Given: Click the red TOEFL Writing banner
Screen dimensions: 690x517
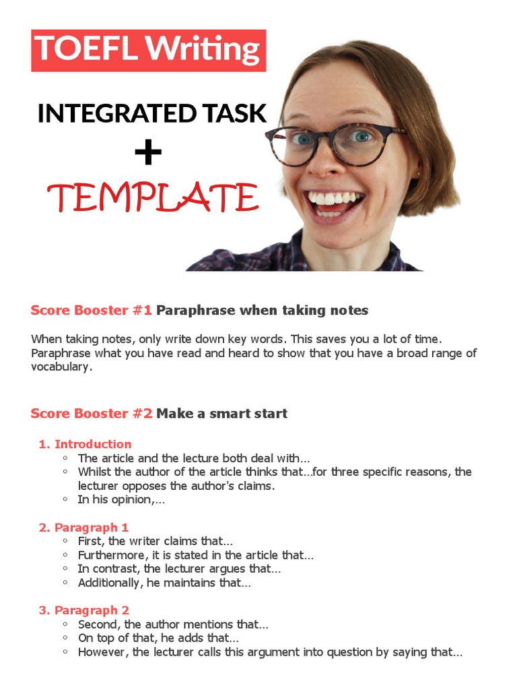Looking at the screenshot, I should pos(148,50).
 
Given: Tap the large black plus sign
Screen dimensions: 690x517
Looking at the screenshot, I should pos(148,153).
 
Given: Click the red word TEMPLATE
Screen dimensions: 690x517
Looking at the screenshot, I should pos(153,197).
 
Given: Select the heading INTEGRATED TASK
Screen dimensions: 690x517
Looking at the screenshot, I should pos(152,113).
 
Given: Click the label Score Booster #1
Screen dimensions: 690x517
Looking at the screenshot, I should pos(91,311).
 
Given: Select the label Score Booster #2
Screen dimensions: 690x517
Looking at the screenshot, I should pos(91,414).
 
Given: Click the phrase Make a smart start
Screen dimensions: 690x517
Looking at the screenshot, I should pos(222,414).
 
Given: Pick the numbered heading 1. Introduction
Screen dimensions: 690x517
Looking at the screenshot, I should pos(85,444).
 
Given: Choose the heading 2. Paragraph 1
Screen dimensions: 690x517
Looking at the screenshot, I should pos(83,528).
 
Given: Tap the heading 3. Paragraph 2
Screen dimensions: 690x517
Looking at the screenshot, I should pos(83,610).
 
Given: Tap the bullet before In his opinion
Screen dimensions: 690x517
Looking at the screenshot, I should pos(65,499).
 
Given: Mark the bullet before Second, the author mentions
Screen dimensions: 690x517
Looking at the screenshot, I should pos(65,625).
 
